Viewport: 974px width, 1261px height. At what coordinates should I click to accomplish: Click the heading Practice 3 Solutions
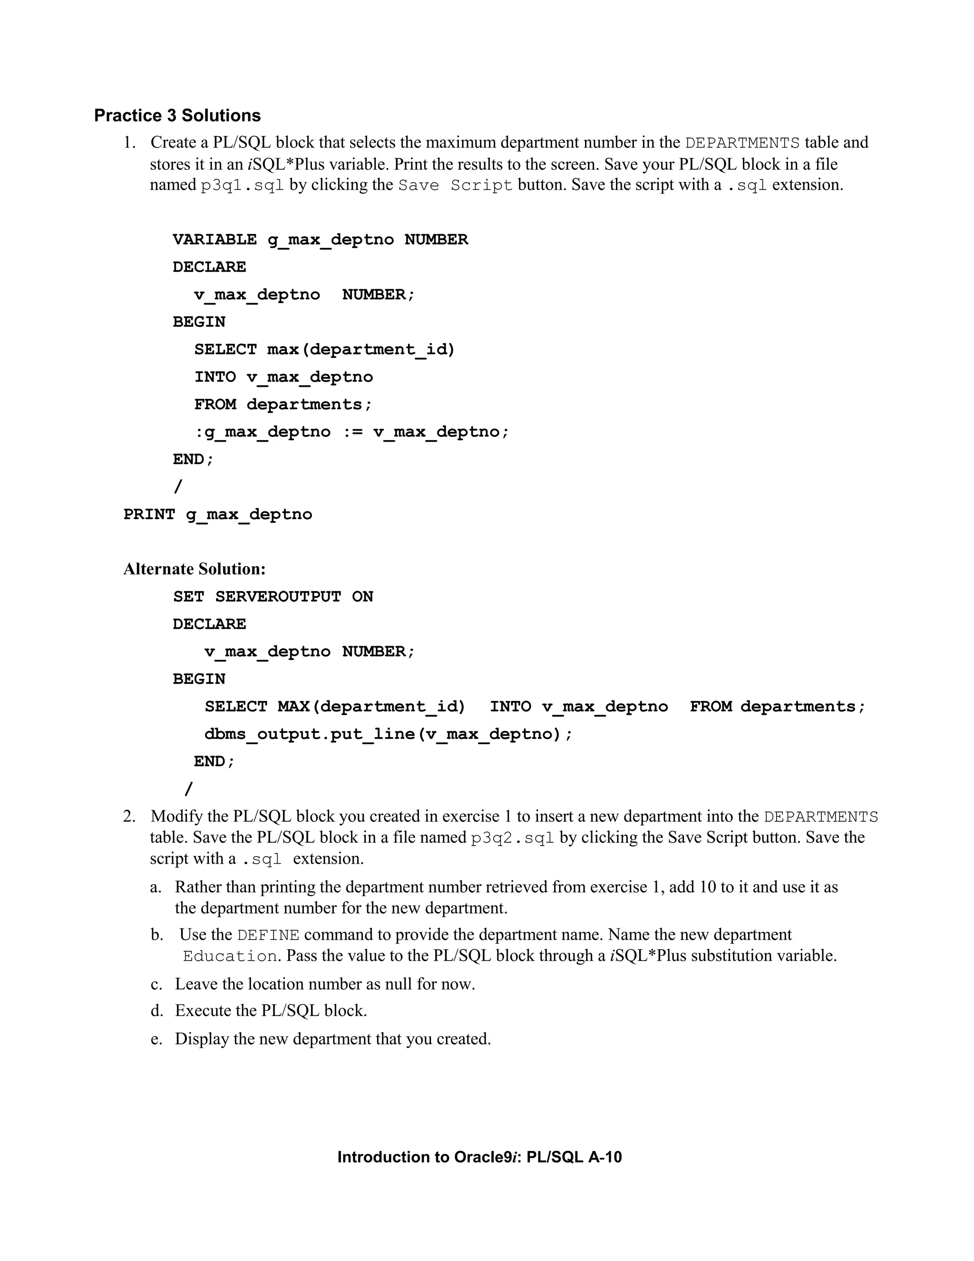[x=177, y=116]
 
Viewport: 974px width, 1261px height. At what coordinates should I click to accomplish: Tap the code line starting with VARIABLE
[x=320, y=240]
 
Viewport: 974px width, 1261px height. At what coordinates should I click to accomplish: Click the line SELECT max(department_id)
[x=325, y=349]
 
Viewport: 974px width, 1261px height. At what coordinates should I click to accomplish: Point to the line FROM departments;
[x=283, y=404]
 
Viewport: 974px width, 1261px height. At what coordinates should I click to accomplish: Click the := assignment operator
[x=352, y=432]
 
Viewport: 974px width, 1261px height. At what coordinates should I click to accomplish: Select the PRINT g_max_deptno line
[x=217, y=514]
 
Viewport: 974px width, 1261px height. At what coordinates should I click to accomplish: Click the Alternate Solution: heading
[x=195, y=569]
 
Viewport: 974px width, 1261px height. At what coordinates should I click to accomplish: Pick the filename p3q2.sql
[x=512, y=838]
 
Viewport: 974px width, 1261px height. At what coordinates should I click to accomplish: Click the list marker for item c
[x=156, y=985]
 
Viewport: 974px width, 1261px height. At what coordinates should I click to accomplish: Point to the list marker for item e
[x=156, y=1039]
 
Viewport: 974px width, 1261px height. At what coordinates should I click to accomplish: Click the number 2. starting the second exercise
[x=129, y=817]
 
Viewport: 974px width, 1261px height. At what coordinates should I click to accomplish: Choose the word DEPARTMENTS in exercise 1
[x=742, y=143]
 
